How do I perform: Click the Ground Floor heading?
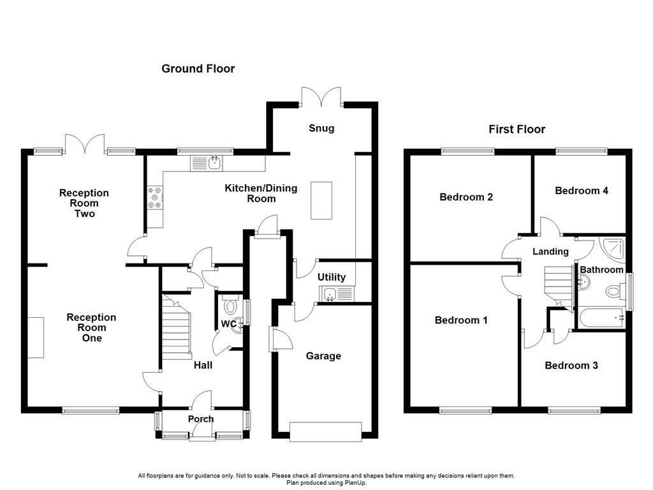(x=198, y=69)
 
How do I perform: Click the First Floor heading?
(x=517, y=130)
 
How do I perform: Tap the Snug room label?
(x=321, y=128)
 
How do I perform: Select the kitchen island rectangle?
(x=322, y=200)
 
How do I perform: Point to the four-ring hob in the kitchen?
(x=154, y=197)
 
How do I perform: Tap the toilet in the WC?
(x=230, y=307)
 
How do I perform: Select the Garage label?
(x=323, y=356)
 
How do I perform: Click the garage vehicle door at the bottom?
(x=325, y=432)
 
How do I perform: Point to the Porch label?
(x=200, y=419)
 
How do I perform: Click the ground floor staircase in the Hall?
(x=177, y=325)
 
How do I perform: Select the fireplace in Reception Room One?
(x=36, y=337)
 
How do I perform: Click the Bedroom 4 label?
(x=581, y=191)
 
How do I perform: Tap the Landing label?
(x=550, y=252)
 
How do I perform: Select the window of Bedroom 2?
(x=467, y=151)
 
